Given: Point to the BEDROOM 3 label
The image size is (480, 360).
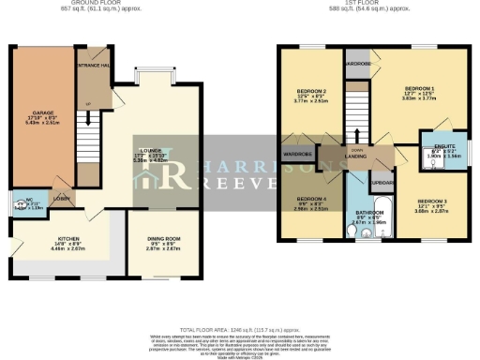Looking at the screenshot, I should (x=432, y=202).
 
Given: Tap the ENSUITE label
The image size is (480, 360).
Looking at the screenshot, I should (x=444, y=147).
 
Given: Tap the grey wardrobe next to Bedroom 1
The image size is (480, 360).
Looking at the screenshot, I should (x=358, y=64).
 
